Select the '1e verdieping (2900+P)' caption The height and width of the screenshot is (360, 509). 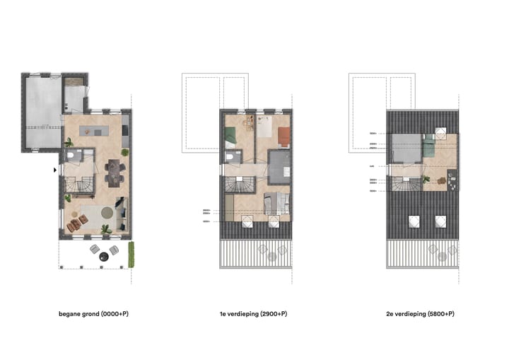click(x=258, y=313)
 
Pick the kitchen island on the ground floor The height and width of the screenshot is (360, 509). click(x=95, y=131)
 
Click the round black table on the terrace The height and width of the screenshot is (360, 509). click(x=105, y=255)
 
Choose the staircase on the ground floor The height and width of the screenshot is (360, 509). click(x=77, y=186)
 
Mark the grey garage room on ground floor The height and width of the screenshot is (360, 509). click(x=42, y=113)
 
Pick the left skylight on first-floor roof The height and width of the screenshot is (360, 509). click(x=247, y=221)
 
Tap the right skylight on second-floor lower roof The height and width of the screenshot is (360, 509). click(x=440, y=221)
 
